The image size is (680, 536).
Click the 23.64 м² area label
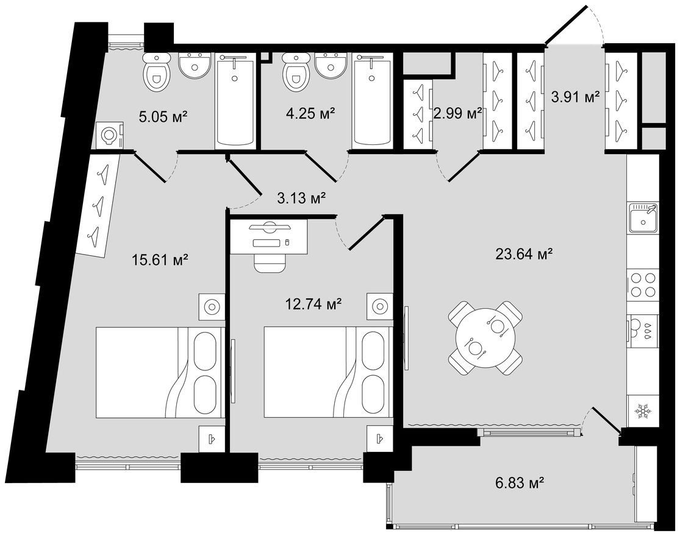tap(523, 254)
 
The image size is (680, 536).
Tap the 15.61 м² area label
tap(159, 260)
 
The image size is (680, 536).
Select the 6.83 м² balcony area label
tap(520, 482)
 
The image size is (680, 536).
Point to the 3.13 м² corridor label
tap(301, 199)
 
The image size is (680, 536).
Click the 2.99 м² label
tap(458, 113)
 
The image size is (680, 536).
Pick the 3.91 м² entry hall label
tap(576, 97)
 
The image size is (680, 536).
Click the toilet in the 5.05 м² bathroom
tap(156, 72)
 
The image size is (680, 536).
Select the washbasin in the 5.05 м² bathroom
tap(195, 65)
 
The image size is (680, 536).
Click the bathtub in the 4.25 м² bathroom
tap(372, 100)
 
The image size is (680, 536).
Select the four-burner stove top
tap(643, 284)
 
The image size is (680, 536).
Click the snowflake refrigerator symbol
tap(643, 411)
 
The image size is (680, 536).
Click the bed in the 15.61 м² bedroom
tap(160, 372)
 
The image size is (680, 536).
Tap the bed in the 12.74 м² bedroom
tap(328, 372)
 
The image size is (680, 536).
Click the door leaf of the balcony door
tap(607, 420)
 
